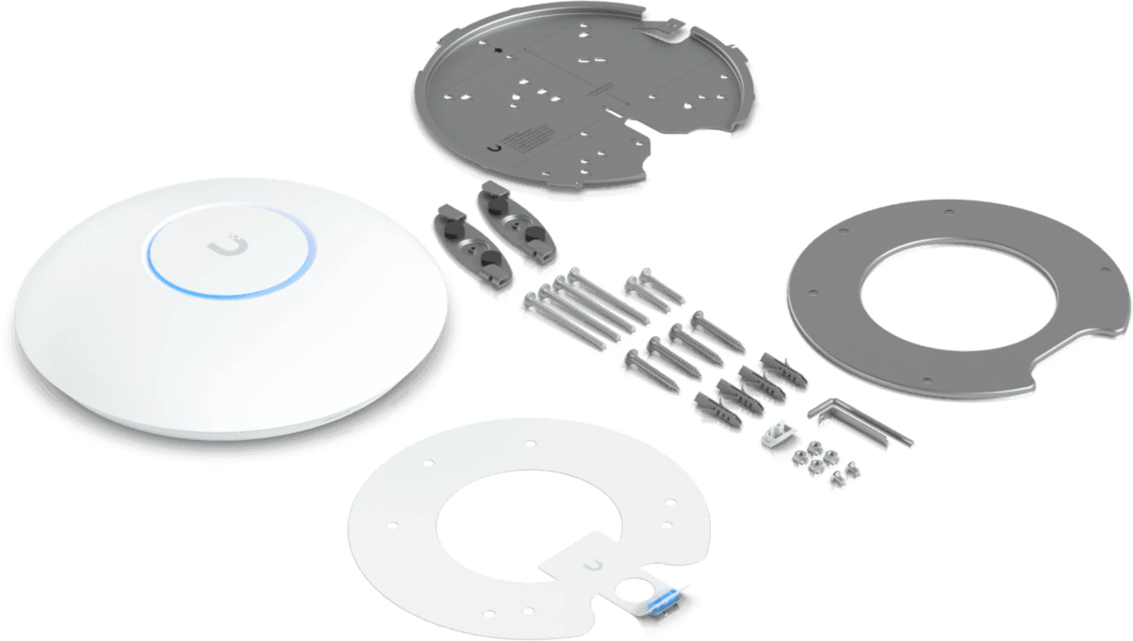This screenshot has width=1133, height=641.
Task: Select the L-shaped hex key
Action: click(x=860, y=420)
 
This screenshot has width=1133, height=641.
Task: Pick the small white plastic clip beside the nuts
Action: click(x=775, y=434)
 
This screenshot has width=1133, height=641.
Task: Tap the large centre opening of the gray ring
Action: click(x=959, y=295)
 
